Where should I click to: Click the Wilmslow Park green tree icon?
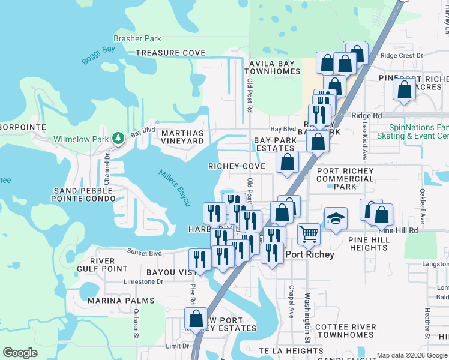(x=119, y=139)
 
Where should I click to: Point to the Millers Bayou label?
(x=175, y=188)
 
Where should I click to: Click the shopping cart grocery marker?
(x=309, y=233)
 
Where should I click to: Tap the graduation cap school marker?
(x=336, y=219)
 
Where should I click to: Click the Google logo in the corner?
(x=20, y=353)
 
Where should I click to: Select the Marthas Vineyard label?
(x=182, y=136)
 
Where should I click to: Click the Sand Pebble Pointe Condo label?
(x=83, y=193)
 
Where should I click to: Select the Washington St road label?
(x=307, y=318)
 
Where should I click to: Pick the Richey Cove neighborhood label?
(x=237, y=166)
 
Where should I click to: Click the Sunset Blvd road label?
(x=145, y=253)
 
